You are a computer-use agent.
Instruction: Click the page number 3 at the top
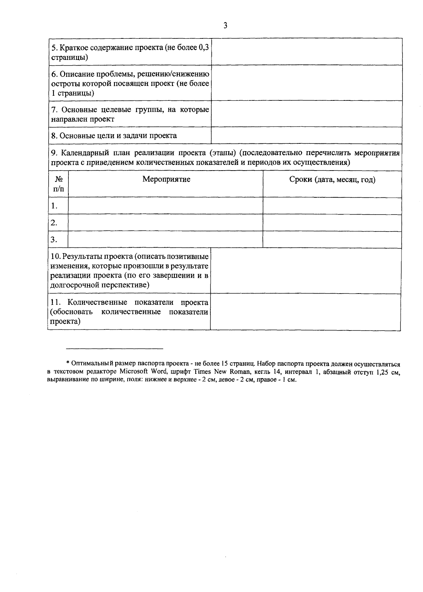225,25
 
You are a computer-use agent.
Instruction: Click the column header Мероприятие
166,179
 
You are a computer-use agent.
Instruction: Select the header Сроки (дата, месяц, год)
332,180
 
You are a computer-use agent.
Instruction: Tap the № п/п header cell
59,184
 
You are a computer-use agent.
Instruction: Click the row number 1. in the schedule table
54,206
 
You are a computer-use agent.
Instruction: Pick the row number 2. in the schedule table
54,223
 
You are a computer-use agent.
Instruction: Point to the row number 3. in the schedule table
54,240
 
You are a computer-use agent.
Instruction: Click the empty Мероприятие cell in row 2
165,223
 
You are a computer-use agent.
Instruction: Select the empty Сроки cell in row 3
332,240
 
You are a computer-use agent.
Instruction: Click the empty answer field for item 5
307,52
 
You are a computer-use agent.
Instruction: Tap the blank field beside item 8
307,136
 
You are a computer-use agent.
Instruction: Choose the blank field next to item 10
306,271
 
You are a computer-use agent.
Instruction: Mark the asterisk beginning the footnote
68,363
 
